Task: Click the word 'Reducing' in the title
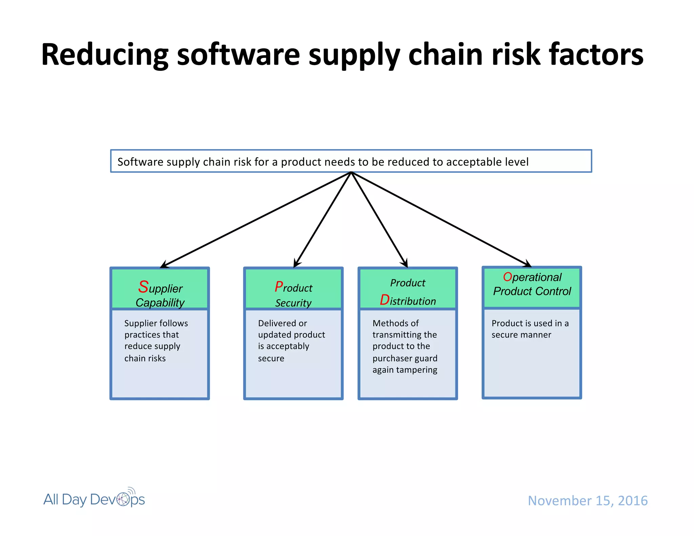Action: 105,55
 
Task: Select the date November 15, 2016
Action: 588,501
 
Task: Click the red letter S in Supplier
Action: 143,287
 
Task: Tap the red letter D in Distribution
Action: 384,300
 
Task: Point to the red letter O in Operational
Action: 507,277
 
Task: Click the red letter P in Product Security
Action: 279,287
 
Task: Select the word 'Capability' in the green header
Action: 160,303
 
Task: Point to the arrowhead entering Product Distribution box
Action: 405,264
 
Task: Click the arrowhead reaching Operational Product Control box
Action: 527,264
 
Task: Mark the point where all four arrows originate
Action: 351,172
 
